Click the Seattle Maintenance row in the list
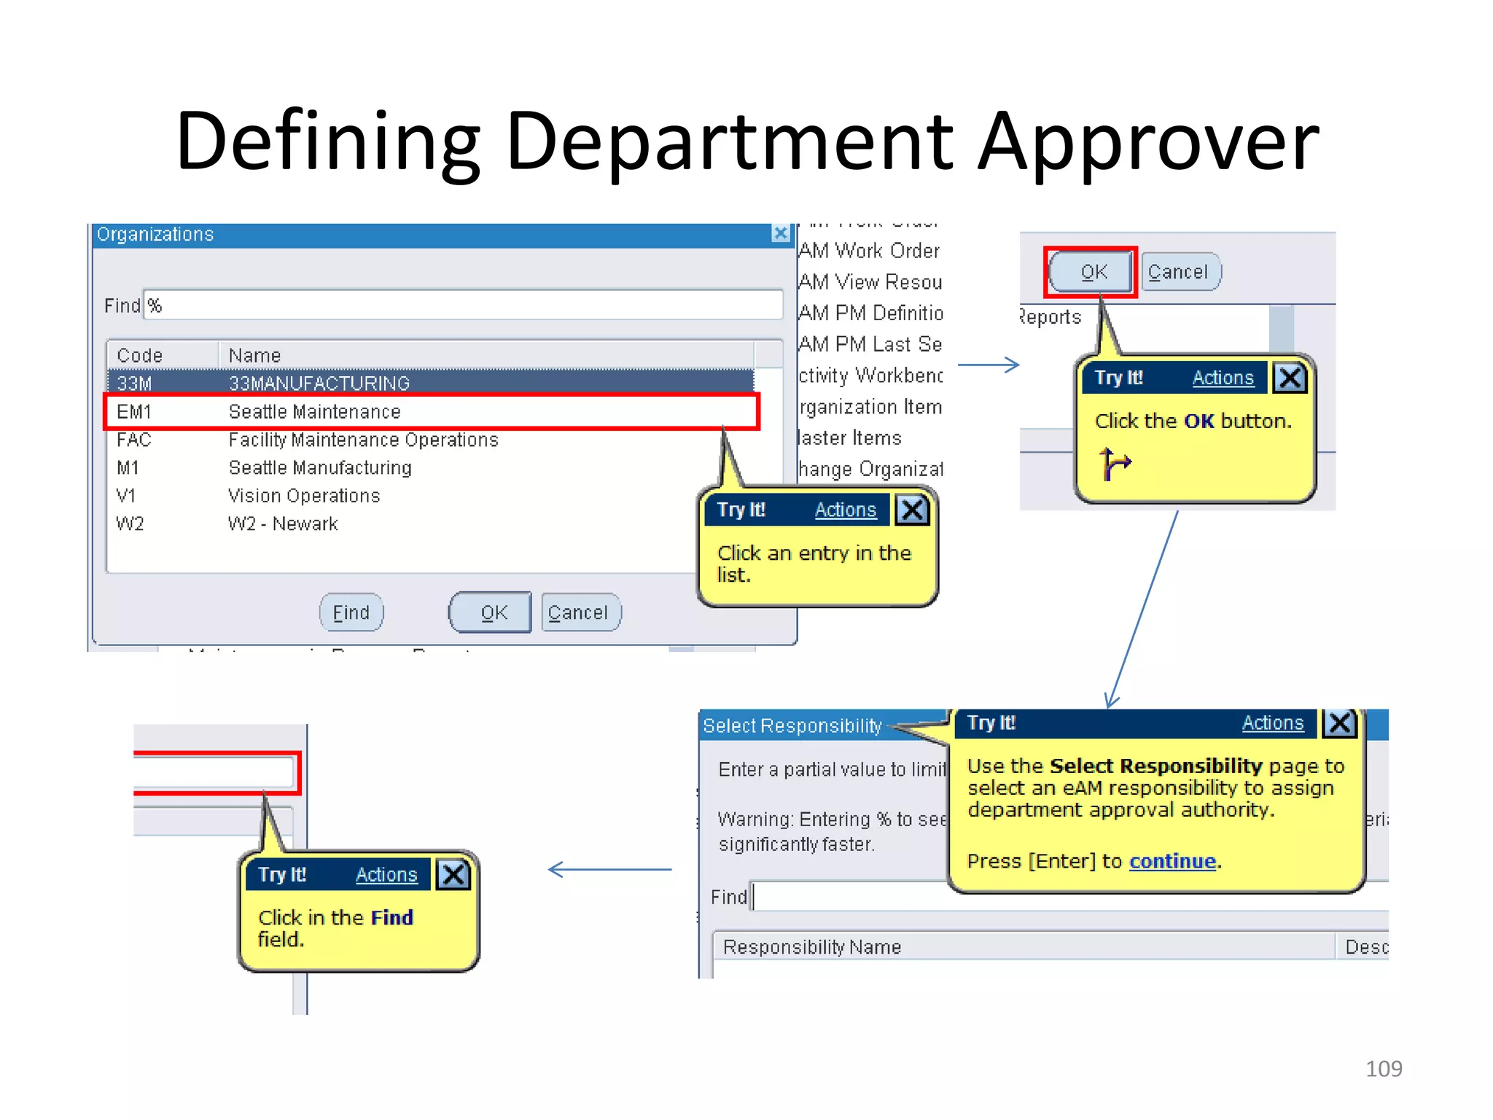pos(314,412)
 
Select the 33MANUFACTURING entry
pos(319,384)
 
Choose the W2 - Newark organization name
pos(283,524)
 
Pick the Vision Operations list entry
pos(304,496)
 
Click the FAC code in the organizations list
pos(134,440)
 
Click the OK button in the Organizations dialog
pos(493,612)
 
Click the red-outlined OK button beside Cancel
pos(1092,272)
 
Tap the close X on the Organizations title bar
pos(781,233)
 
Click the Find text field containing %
pos(464,305)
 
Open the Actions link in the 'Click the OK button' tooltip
pos(1223,378)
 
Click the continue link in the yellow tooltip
pos(1172,861)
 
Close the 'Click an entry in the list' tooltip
pos(912,510)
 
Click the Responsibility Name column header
pos(812,946)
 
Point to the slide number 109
pos(1383,1068)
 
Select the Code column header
pos(140,355)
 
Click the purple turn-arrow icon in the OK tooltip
pos(1114,463)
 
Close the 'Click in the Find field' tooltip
pos(453,874)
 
